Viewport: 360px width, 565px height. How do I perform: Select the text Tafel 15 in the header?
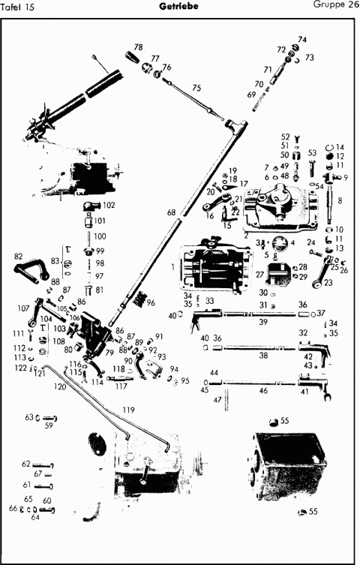point(19,7)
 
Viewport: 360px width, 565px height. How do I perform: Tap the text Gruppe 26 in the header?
point(334,6)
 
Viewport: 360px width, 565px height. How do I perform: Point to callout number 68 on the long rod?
point(172,213)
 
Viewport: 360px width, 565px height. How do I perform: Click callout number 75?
point(196,88)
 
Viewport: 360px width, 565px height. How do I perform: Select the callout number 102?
point(108,205)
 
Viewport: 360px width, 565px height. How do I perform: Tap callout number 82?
point(18,257)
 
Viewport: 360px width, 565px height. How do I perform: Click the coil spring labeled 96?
point(138,301)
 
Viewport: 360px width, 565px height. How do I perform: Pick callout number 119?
point(128,410)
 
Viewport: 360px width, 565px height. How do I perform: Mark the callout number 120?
point(59,386)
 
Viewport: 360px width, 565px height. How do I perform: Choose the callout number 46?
point(263,391)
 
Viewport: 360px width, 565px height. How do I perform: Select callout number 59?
point(49,425)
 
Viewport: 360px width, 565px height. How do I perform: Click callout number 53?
point(312,153)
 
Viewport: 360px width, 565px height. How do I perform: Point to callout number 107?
point(23,308)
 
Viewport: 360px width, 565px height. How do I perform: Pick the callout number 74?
point(302,40)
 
